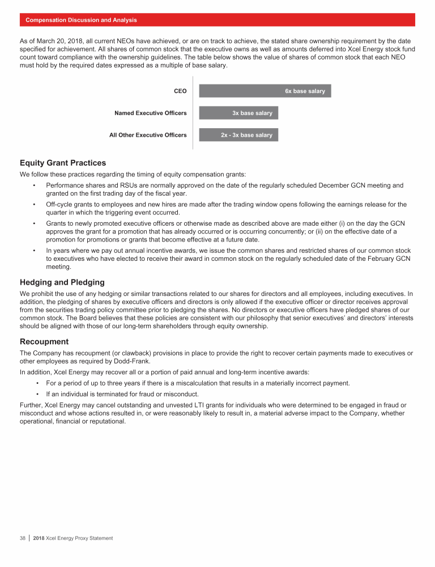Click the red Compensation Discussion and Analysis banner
[217, 20]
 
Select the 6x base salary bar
[265, 91]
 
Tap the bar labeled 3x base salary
[238, 113]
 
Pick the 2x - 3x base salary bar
[238, 135]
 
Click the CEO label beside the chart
[180, 91]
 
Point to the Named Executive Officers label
[150, 113]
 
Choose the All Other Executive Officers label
[148, 135]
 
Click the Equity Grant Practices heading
[63, 163]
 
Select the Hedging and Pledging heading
[62, 282]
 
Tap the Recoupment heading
[44, 342]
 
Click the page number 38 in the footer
[23, 538]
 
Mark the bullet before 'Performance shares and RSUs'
[35, 185]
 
